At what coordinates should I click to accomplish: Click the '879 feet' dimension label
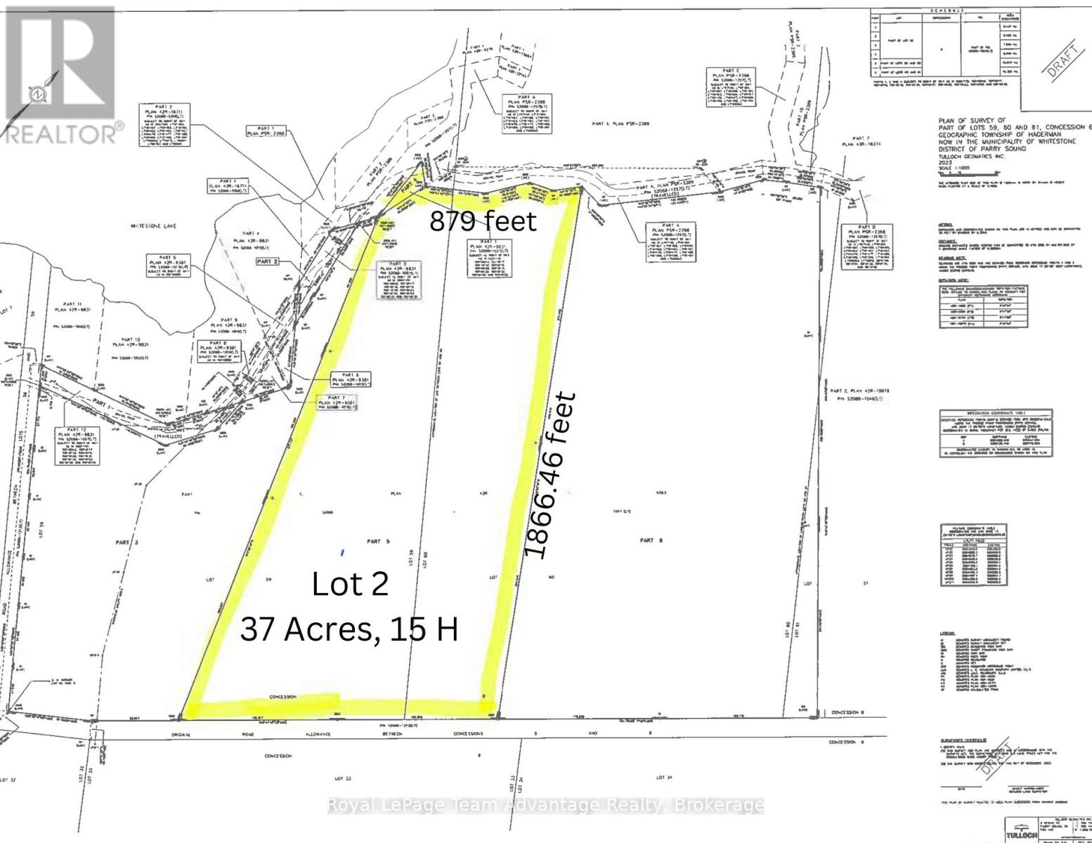(483, 221)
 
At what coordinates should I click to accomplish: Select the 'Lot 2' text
(350, 584)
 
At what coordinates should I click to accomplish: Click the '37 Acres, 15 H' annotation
(349, 629)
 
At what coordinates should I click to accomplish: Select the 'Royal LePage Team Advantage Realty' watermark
(545, 805)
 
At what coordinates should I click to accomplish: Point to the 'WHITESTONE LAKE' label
(159, 226)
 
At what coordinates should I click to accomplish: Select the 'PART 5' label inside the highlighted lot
(373, 541)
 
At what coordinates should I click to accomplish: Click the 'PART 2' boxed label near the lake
(268, 261)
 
